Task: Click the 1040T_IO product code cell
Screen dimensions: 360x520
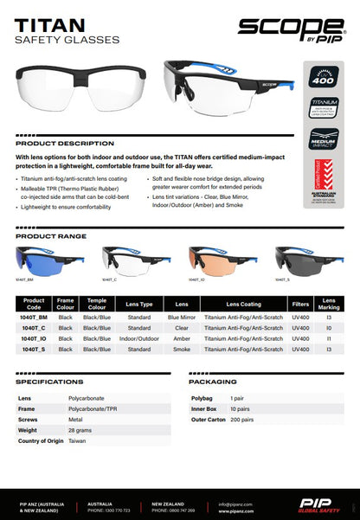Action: tap(35, 339)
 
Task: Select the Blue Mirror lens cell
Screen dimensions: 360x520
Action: tap(182, 318)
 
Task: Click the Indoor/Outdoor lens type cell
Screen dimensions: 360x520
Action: tap(140, 339)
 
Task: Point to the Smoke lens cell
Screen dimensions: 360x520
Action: tap(182, 349)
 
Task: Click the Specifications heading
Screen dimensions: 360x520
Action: tap(49, 381)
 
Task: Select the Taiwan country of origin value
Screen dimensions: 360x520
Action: tap(77, 441)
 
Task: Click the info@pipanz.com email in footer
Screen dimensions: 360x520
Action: tap(235, 503)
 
